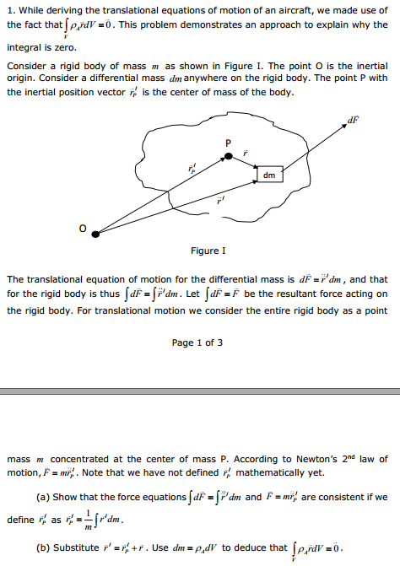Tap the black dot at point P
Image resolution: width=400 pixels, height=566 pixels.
coord(227,156)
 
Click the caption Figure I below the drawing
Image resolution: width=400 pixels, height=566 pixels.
coord(208,251)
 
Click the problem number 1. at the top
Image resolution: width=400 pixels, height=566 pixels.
coord(10,9)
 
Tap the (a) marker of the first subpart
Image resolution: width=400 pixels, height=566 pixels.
coord(41,497)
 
